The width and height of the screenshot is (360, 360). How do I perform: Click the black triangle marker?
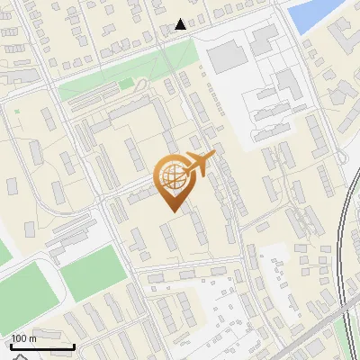(x=181, y=24)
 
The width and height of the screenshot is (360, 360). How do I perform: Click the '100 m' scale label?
(x=22, y=338)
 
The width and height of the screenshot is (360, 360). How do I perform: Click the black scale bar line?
(x=41, y=346)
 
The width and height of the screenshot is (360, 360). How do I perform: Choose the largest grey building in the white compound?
(x=227, y=56)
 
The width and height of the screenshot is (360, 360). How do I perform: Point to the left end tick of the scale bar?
(x=10, y=345)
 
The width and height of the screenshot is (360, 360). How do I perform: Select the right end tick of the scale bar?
(x=74, y=345)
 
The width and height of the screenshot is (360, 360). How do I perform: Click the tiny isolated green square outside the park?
(x=16, y=112)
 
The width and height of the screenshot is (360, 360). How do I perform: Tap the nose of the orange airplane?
(x=214, y=156)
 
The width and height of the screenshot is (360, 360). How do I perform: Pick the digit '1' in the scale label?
(x=13, y=338)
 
